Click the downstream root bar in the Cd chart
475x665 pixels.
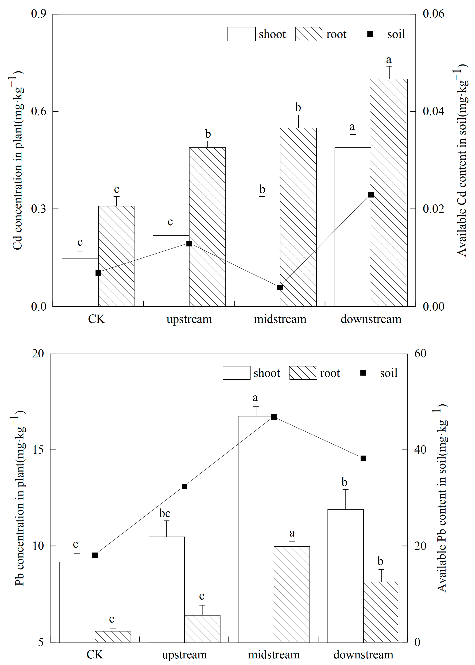pos(389,193)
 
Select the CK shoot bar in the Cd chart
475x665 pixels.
pos(80,282)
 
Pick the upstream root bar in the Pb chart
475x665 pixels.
pos(202,629)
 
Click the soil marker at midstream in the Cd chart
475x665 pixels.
pos(280,287)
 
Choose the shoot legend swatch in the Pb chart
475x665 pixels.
pos(236,373)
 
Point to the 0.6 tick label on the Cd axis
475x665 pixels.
pos(39,111)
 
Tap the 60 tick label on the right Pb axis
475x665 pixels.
pos(420,354)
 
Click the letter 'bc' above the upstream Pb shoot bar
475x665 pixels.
pos(165,513)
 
